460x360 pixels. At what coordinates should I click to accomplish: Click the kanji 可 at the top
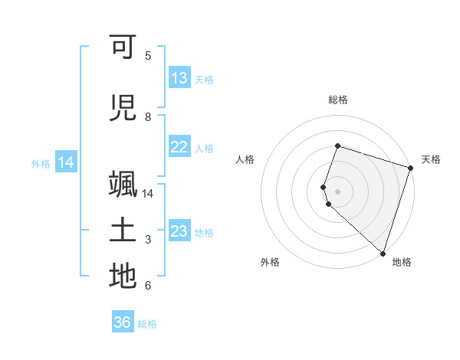[x=123, y=47]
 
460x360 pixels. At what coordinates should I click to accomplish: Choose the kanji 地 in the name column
[x=123, y=277]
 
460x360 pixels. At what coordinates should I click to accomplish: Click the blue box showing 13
[x=179, y=78]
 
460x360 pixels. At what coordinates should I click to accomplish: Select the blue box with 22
[x=179, y=147]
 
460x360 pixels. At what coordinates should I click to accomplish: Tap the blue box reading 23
[x=179, y=231]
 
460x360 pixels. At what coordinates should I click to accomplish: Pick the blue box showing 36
[x=123, y=322]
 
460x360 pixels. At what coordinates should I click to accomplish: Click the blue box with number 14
[x=66, y=162]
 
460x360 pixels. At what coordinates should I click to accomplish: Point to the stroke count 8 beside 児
[x=148, y=116]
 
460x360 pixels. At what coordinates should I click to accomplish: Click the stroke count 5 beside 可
[x=148, y=55]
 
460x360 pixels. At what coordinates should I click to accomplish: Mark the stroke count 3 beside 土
[x=148, y=240]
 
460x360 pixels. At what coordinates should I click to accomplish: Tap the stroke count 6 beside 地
[x=148, y=286]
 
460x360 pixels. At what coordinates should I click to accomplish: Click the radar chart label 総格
[x=337, y=100]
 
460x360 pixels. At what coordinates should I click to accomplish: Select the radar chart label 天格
[x=431, y=159]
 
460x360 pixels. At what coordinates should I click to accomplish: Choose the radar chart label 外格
[x=270, y=262]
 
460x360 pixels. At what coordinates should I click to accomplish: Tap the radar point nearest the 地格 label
[x=383, y=253]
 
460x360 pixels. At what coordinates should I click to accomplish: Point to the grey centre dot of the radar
[x=337, y=191]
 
